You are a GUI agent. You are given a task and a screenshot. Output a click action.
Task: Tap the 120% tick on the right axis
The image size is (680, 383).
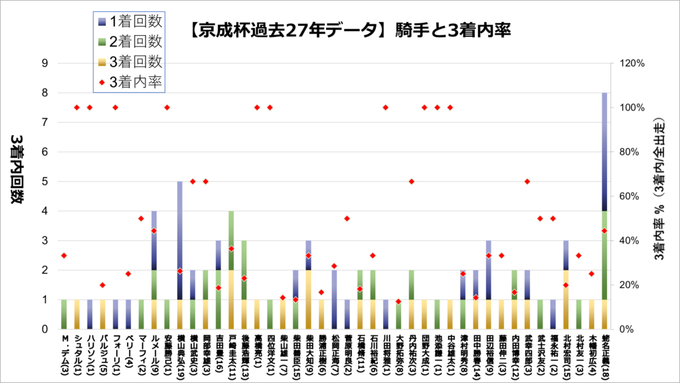click(x=631, y=64)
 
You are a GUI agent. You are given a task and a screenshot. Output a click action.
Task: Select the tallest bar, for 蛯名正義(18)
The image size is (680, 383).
click(x=604, y=211)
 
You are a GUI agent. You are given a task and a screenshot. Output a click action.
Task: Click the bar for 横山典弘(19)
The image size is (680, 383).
click(x=179, y=256)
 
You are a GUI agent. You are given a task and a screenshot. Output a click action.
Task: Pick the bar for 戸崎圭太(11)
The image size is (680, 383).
click(x=231, y=270)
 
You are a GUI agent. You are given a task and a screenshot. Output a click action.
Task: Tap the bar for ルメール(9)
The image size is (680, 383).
click(x=153, y=270)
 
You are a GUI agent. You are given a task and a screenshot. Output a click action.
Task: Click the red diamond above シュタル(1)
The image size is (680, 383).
click(x=76, y=108)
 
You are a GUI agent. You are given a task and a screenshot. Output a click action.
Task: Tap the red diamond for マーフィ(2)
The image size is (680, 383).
click(x=141, y=218)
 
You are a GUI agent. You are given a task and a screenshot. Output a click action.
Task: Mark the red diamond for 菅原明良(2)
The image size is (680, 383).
click(x=347, y=218)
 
